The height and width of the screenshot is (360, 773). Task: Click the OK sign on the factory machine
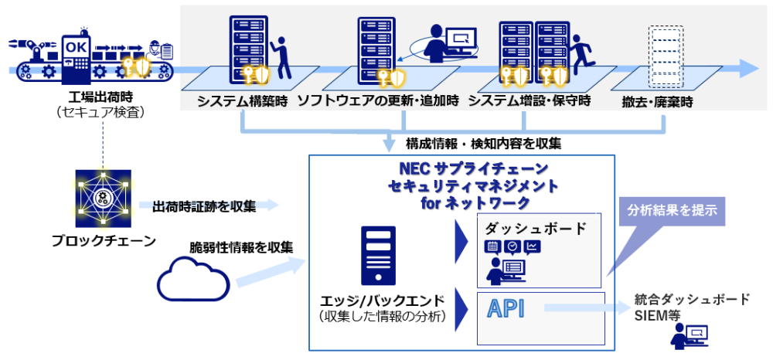tap(77, 46)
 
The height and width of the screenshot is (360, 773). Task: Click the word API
tap(506, 309)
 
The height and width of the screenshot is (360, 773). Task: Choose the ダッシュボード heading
tap(536, 229)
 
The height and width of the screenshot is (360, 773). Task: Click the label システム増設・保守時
tap(530, 102)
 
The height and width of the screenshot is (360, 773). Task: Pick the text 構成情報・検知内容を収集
tap(483, 144)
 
